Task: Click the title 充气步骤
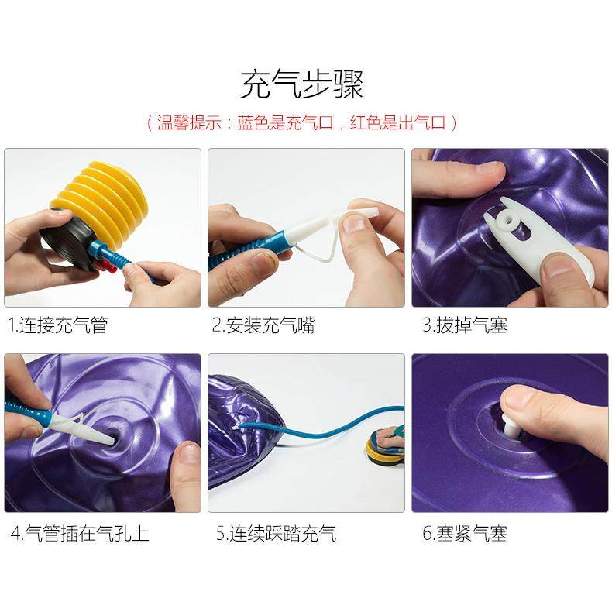pyautogui.click(x=301, y=84)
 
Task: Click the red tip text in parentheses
pyautogui.click(x=301, y=122)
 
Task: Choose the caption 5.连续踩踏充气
pyautogui.click(x=276, y=533)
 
